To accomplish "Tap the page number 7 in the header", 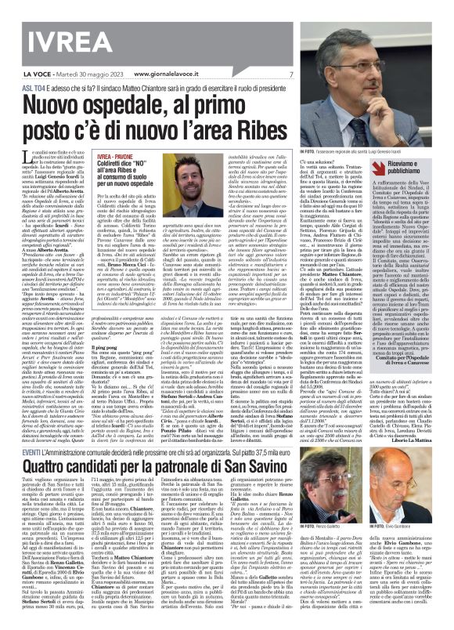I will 290,74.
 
